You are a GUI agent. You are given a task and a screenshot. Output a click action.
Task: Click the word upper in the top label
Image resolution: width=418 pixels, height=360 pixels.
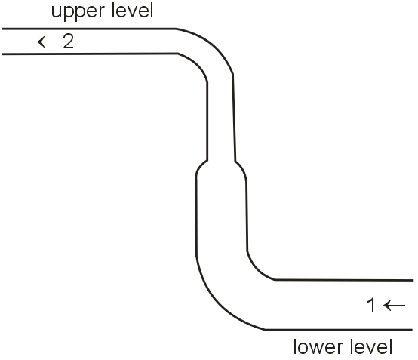point(78,12)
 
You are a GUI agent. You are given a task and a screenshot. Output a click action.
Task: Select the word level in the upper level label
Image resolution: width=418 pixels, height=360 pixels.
point(132,11)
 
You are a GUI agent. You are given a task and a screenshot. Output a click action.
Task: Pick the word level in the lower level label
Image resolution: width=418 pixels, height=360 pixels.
point(371,347)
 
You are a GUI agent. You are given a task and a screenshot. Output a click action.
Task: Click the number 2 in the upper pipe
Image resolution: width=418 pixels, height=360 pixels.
point(68,42)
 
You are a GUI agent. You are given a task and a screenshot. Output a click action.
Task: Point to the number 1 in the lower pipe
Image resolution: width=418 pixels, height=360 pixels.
point(371,306)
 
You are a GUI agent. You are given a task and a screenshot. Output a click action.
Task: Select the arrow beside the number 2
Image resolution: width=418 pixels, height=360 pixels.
point(48,42)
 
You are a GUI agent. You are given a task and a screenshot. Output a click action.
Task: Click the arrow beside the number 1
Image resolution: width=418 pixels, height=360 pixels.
point(395,306)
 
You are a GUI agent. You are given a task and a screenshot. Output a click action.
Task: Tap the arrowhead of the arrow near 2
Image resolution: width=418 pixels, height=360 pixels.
point(41,42)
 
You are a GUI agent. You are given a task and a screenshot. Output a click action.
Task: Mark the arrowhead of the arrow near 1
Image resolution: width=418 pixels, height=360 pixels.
point(387,306)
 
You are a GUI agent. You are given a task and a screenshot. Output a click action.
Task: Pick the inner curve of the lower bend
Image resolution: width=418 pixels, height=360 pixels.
point(255,270)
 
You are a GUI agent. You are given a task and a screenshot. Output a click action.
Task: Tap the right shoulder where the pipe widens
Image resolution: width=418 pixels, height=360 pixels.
point(242,169)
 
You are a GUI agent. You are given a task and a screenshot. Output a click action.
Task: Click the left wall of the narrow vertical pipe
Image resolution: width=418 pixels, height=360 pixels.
point(207,122)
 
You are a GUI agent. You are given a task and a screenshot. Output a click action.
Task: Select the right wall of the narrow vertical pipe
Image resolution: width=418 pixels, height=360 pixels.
point(234,118)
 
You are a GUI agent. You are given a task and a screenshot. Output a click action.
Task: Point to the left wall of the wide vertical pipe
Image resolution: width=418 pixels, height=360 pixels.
point(196,216)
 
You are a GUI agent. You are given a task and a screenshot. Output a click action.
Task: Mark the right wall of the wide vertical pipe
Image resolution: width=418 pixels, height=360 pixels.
point(247,217)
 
